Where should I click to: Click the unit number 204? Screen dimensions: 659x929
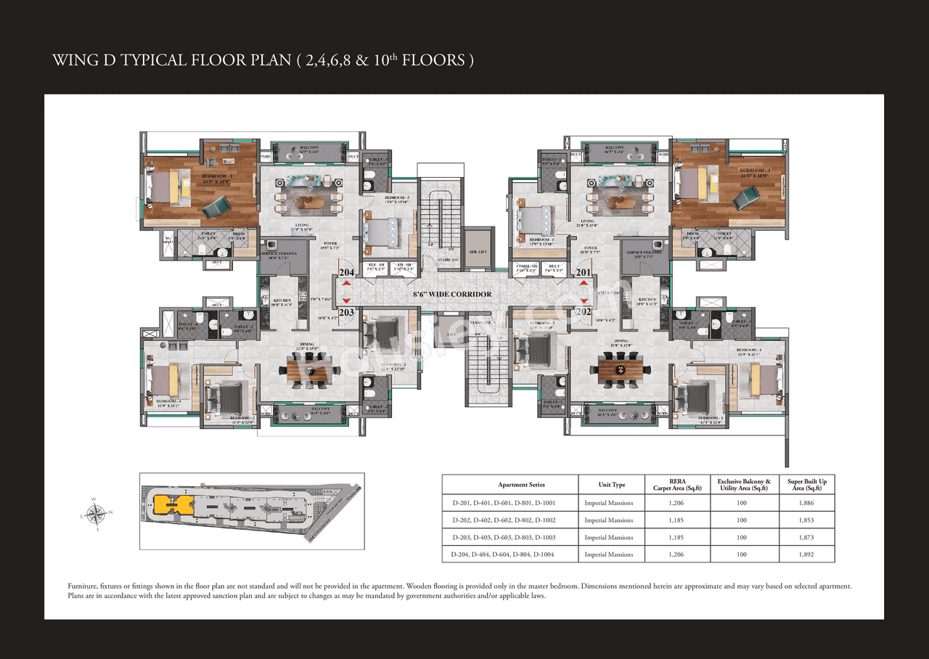pyautogui.click(x=346, y=273)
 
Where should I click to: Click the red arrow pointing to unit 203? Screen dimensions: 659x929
pyautogui.click(x=346, y=300)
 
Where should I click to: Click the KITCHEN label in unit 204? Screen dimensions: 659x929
pyautogui.click(x=282, y=300)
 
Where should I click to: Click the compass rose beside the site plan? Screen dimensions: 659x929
pyautogui.click(x=94, y=514)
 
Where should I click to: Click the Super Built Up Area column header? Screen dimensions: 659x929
pyautogui.click(x=807, y=484)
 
